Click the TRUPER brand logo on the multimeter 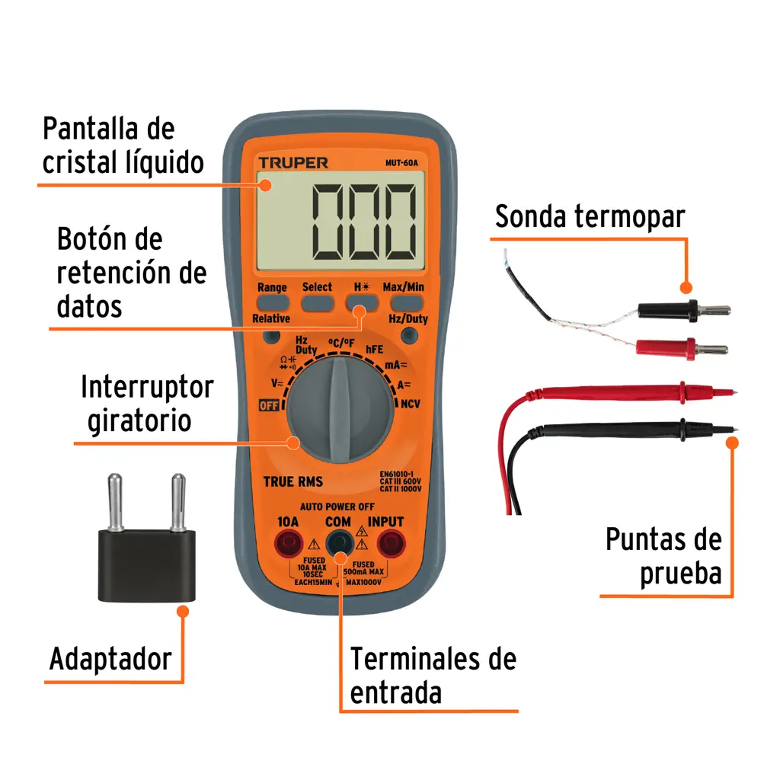click(292, 162)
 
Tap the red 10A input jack click(288, 544)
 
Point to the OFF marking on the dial click(269, 404)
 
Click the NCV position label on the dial click(411, 403)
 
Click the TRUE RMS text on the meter click(292, 481)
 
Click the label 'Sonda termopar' click(590, 216)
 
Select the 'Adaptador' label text click(110, 659)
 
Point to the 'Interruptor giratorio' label click(146, 404)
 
